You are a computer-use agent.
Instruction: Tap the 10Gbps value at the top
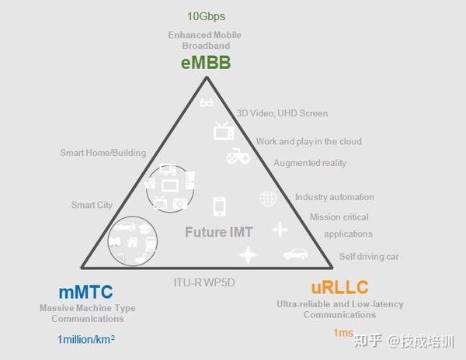point(206,16)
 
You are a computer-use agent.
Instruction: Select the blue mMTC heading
point(85,292)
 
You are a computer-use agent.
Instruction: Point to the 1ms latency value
point(343,333)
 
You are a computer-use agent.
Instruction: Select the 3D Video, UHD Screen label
point(282,113)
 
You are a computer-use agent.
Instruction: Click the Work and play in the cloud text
point(308,141)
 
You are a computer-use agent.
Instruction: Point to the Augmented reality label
point(310,163)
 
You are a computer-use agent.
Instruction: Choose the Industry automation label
point(334,197)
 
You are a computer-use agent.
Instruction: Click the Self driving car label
point(370,257)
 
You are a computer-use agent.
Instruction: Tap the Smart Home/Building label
point(103,153)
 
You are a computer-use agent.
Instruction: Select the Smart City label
point(92,205)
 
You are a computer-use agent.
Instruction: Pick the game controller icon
point(236,157)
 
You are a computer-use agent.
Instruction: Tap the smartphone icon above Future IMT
point(220,204)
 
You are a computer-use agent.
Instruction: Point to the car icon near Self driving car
point(295,253)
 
